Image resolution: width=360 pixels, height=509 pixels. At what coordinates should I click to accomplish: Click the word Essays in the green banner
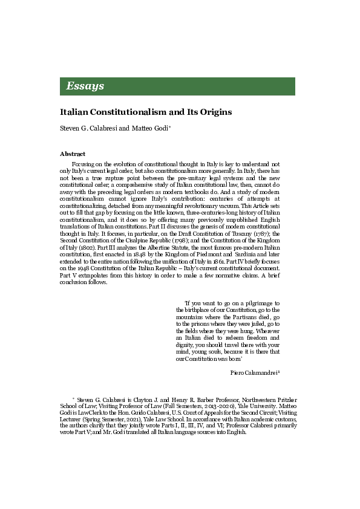pos(85,86)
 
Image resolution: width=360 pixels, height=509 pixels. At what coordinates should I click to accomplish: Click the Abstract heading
pos(73,154)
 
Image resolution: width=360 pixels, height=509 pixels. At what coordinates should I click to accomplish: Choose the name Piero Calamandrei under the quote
pos(254,372)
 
